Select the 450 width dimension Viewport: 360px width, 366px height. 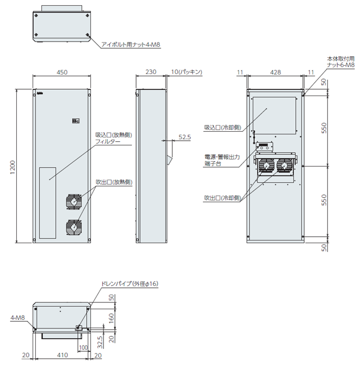62,72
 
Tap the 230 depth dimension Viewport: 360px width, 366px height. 151,71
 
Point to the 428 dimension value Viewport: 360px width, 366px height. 275,72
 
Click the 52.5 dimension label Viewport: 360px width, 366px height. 184,137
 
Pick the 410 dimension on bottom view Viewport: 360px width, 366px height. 63,355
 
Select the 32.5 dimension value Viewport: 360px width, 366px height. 100,342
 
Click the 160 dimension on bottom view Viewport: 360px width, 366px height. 111,318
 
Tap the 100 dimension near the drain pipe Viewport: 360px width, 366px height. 83,348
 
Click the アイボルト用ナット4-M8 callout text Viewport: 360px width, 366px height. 131,45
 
